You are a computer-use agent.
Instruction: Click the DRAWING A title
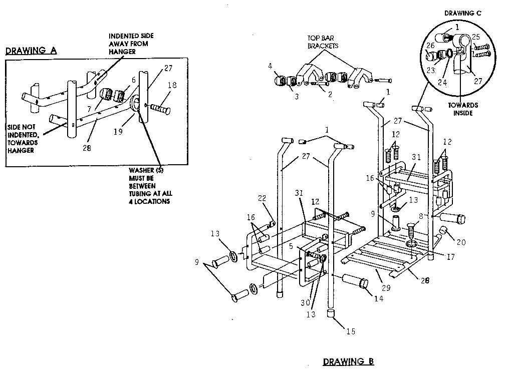[x=31, y=51]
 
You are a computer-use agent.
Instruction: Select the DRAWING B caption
[x=348, y=361]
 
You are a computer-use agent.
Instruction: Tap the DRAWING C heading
[x=463, y=13]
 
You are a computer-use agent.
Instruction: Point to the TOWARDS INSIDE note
[x=463, y=109]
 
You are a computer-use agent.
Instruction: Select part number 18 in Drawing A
[x=172, y=86]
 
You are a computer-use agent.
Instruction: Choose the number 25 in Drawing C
[x=476, y=37]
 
